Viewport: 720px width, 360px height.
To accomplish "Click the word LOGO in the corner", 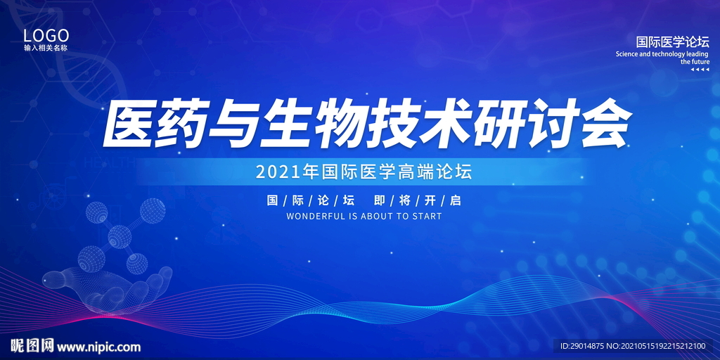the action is click(46, 35).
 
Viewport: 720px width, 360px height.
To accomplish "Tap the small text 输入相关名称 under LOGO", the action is click(46, 48).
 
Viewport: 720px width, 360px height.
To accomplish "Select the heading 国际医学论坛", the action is click(672, 42).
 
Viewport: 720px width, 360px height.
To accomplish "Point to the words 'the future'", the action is click(695, 62).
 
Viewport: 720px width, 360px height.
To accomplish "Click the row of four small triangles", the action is click(700, 70).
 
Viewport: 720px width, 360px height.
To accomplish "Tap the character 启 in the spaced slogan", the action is click(455, 200).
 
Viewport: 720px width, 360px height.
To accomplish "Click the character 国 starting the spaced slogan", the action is click(273, 200).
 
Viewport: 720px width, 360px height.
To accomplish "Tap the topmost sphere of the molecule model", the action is click(153, 210).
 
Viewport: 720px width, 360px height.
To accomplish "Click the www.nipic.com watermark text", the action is click(98, 347).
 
